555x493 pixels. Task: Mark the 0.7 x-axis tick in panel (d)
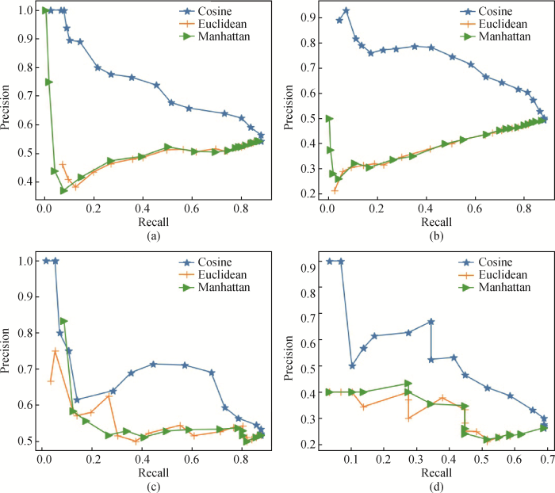click(545, 458)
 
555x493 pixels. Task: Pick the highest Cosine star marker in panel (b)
click(346, 10)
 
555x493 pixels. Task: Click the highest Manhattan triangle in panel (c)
click(64, 321)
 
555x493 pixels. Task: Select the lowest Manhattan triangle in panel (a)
click(64, 190)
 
